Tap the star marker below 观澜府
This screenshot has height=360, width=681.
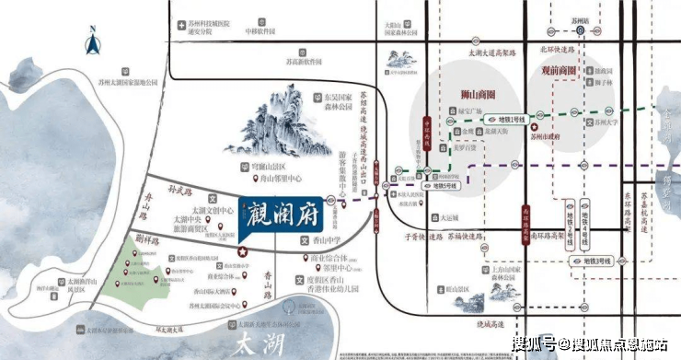(x=243, y=250)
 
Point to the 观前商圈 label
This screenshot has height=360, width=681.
(x=558, y=70)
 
